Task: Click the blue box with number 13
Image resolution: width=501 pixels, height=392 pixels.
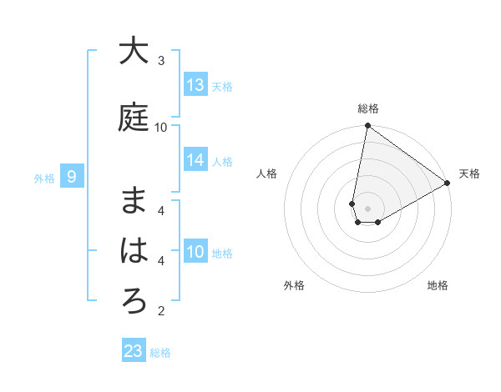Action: pos(195,84)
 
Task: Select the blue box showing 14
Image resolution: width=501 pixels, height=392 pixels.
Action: pos(195,161)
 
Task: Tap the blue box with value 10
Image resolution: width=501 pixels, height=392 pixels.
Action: pos(195,252)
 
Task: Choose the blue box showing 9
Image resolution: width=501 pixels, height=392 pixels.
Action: pos(73,177)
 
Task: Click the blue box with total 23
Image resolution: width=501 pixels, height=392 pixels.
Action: pos(134,351)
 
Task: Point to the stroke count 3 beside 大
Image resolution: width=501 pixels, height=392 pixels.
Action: pos(161,61)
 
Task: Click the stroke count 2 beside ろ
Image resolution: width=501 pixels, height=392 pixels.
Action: pos(161,312)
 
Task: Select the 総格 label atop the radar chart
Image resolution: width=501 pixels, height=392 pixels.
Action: pos(367,108)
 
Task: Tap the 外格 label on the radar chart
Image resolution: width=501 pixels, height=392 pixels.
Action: pos(294,285)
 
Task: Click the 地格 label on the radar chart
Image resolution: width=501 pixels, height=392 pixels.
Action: pos(438,285)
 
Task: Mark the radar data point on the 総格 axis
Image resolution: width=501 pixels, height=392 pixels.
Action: pos(367,127)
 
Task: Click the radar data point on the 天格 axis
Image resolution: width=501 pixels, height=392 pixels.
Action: pos(448,183)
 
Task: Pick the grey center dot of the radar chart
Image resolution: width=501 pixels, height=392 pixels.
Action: pos(367,208)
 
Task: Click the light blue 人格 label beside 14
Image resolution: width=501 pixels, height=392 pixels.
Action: pos(222,162)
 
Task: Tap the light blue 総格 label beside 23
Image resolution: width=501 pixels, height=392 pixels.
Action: pos(160,353)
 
